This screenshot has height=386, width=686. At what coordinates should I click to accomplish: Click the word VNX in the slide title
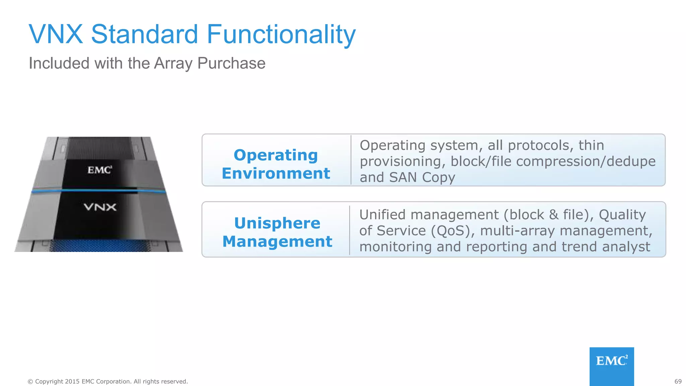[56, 34]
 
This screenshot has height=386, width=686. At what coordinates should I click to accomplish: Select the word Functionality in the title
[281, 35]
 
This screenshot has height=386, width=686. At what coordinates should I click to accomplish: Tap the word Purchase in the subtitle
[231, 64]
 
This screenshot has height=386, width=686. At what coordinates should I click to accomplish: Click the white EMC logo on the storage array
[99, 170]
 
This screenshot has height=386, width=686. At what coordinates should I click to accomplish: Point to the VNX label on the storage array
[100, 207]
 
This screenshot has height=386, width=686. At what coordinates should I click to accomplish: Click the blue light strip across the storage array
[98, 191]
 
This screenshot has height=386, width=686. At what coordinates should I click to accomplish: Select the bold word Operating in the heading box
[276, 155]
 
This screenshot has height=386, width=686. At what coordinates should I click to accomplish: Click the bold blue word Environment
[276, 174]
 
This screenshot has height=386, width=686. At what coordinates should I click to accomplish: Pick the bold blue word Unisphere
[277, 223]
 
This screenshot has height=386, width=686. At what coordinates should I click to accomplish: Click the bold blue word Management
[277, 242]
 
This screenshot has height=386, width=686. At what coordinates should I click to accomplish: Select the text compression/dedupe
[586, 162]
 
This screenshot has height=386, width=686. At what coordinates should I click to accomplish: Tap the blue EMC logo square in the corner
[611, 366]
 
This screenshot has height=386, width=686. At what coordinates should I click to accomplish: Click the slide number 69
[678, 381]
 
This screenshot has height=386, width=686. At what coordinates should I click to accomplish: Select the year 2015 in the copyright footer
[72, 381]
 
